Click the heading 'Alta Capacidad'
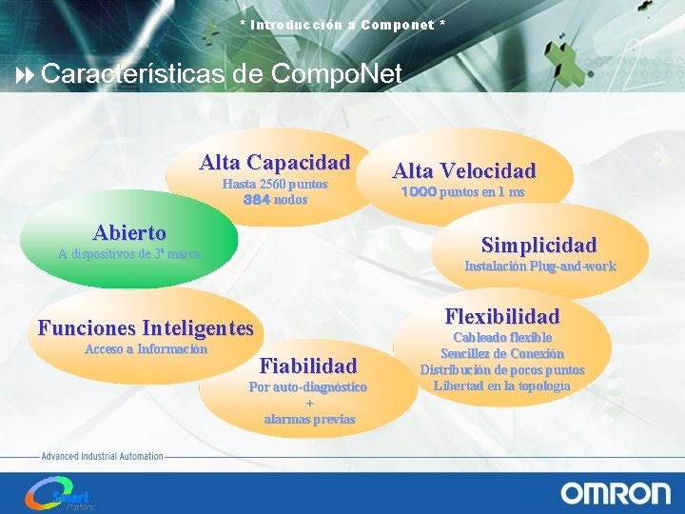[x=275, y=163]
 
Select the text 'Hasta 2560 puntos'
[x=275, y=184]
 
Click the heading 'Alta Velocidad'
[x=464, y=171]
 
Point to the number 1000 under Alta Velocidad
[x=419, y=192]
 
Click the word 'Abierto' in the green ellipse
[x=129, y=233]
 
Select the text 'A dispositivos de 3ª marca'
[x=129, y=254]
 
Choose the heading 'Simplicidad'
[x=538, y=245]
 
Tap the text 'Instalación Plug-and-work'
[x=539, y=267]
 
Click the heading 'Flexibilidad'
[x=502, y=316]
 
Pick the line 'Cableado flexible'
[x=502, y=338]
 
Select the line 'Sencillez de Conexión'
[x=502, y=353]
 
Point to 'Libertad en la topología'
[x=502, y=385]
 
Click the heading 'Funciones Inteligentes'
[x=146, y=328]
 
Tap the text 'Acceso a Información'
[x=146, y=349]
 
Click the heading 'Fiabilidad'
[x=308, y=366]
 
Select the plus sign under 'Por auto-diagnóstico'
[x=309, y=404]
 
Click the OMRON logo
[x=616, y=492]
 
